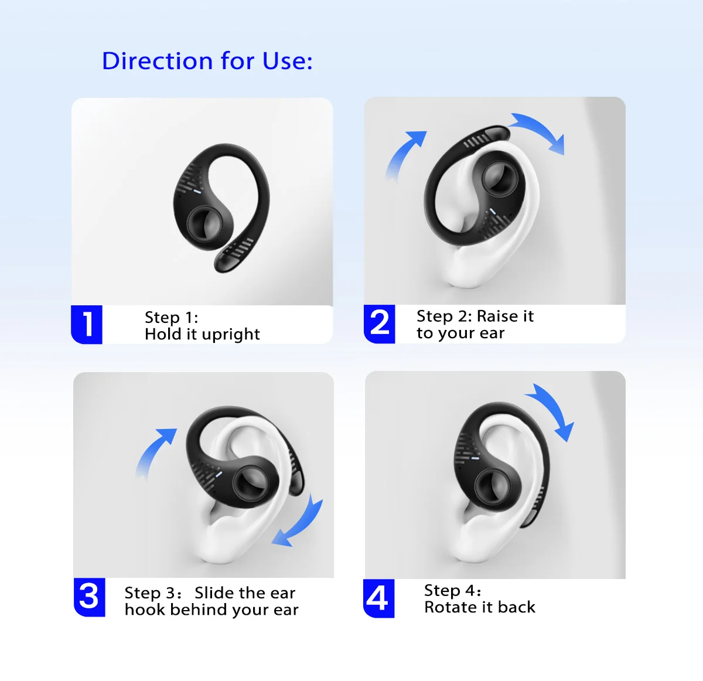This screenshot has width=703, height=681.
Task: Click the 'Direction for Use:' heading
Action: (207, 61)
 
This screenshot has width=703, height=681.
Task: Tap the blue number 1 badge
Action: (87, 324)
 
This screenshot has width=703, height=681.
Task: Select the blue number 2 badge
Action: (379, 324)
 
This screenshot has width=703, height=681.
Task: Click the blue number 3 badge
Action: (89, 597)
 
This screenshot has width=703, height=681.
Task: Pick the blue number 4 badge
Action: (378, 598)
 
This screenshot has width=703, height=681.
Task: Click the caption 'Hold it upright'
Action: (202, 335)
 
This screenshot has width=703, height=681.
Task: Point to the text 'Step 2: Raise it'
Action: (475, 316)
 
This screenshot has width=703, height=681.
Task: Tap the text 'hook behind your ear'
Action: (211, 610)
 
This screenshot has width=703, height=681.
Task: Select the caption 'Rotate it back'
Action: (480, 607)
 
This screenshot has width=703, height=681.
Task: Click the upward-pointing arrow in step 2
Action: (404, 154)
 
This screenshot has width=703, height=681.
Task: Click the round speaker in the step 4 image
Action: (492, 487)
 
